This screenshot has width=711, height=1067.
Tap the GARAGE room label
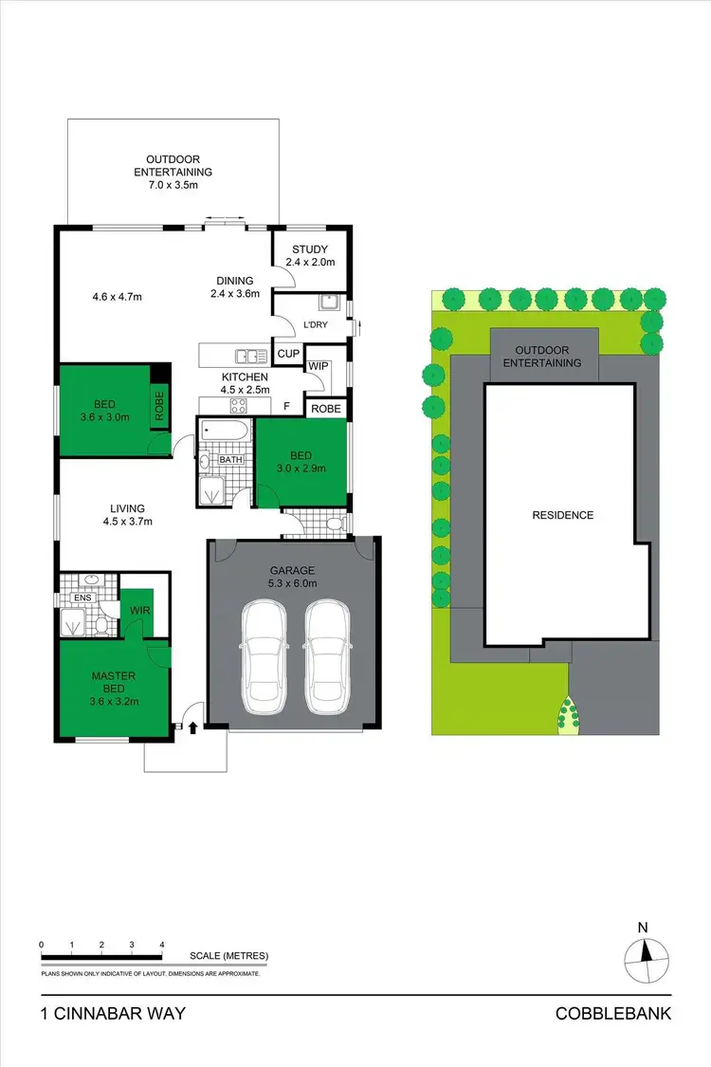(x=291, y=570)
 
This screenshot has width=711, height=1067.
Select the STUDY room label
(x=309, y=249)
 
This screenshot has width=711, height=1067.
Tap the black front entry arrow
(x=193, y=727)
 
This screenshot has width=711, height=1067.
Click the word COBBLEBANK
(x=613, y=1014)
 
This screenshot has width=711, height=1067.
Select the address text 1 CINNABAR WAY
(x=113, y=1014)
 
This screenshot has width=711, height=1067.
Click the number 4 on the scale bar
(x=162, y=945)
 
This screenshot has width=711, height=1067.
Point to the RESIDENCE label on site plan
(x=563, y=515)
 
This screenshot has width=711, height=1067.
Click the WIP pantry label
(x=319, y=365)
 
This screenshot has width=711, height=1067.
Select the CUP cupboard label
(x=287, y=354)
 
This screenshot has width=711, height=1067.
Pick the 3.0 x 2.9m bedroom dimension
(x=301, y=468)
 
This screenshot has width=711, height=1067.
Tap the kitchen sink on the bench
(x=253, y=357)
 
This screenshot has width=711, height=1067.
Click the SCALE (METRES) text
(x=228, y=956)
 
